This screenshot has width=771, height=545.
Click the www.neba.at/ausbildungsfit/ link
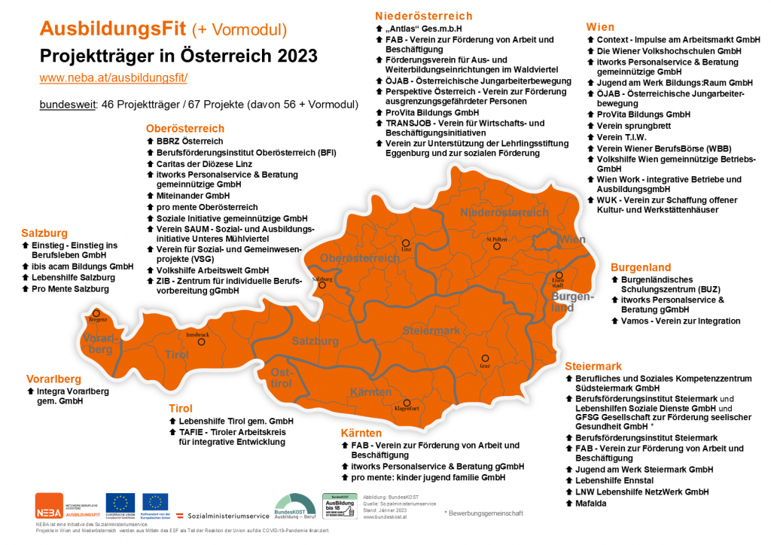pos(113,78)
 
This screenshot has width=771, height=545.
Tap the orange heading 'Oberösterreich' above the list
pos(185,129)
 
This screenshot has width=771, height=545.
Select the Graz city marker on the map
pos(486,358)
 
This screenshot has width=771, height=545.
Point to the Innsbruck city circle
pos(201,342)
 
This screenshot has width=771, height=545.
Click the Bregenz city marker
pos(96,313)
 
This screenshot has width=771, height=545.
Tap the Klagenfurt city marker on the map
pos(407,403)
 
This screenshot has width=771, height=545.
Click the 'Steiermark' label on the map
pos(431,330)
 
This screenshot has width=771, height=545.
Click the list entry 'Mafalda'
pos(592,502)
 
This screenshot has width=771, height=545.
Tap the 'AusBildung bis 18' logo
pos(340,506)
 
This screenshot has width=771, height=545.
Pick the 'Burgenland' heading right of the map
pos(641,267)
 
